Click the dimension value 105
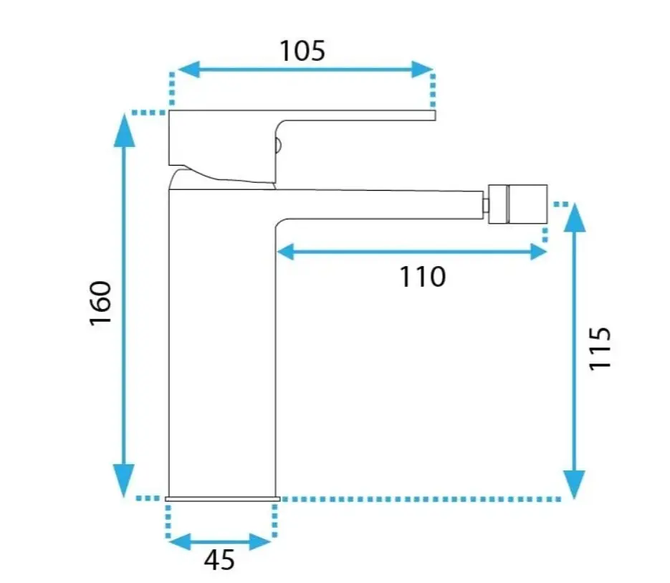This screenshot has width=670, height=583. point(302,51)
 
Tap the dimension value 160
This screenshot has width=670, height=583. point(101,303)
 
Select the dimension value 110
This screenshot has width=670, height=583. point(423,277)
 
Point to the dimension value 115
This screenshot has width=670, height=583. point(600,349)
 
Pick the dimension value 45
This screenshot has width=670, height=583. point(219,559)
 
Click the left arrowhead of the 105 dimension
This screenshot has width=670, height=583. point(188,70)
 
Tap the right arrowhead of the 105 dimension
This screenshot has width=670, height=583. point(422,70)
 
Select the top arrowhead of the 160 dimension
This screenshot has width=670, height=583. point(125,130)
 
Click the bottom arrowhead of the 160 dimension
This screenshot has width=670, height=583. point(124,480)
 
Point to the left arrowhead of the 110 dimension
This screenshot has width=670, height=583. point(285,252)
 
